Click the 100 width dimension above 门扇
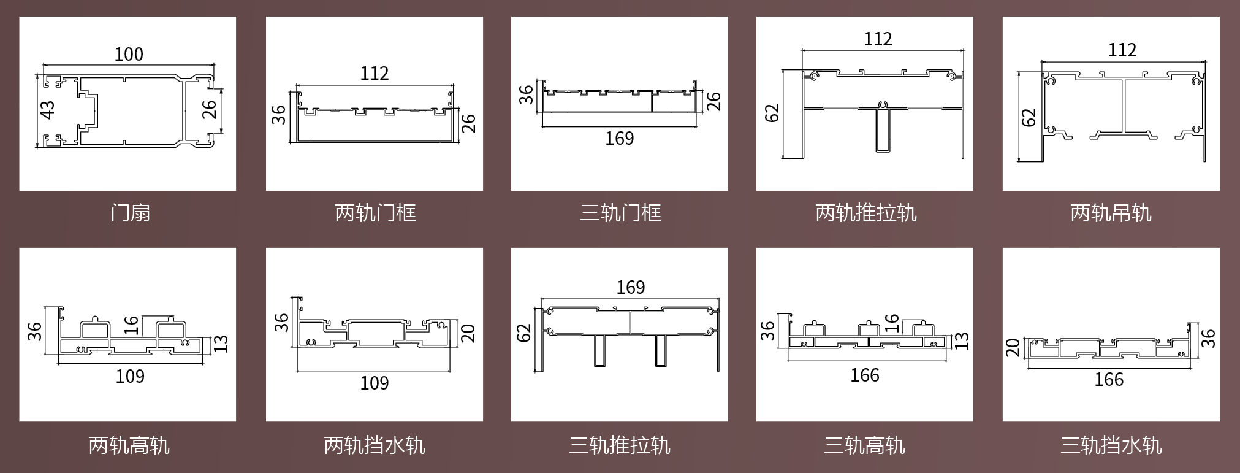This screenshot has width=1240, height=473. pyautogui.click(x=129, y=54)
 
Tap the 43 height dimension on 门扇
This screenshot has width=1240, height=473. pyautogui.click(x=48, y=110)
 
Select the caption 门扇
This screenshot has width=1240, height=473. pyautogui.click(x=130, y=213)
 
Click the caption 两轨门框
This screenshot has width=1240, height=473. pyautogui.click(x=375, y=213)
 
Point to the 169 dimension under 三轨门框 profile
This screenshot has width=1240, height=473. pyautogui.click(x=619, y=139)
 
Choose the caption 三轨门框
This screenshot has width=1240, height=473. pyautogui.click(x=620, y=213)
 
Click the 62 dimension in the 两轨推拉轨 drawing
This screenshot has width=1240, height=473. pyautogui.click(x=772, y=113)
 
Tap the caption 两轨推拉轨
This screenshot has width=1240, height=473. pyautogui.click(x=865, y=213)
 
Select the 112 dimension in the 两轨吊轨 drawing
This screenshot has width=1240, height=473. pyautogui.click(x=1122, y=50)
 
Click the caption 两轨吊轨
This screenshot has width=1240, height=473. pyautogui.click(x=1111, y=213)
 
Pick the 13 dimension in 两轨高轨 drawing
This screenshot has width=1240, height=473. pyautogui.click(x=221, y=344)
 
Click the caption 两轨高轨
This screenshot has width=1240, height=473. pyautogui.click(x=129, y=445)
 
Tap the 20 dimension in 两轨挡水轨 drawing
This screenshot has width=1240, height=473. pyautogui.click(x=468, y=333)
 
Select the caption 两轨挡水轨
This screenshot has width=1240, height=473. pyautogui.click(x=375, y=445)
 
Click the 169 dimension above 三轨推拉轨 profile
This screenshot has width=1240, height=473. pyautogui.click(x=630, y=287)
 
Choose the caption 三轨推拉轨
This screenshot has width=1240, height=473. pyautogui.click(x=620, y=445)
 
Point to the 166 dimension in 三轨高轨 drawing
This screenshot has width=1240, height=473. pyautogui.click(x=864, y=375)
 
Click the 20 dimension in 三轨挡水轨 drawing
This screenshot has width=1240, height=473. pyautogui.click(x=1014, y=348)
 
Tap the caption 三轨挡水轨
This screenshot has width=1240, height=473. pyautogui.click(x=1111, y=445)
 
